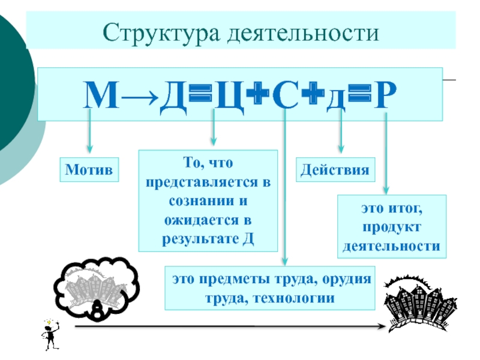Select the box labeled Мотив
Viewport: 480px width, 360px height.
89,170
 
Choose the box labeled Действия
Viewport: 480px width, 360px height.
335,170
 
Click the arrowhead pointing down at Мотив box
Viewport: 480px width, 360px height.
90,148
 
